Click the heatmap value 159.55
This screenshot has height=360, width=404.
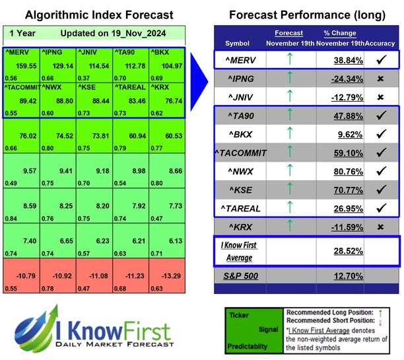pos(26,66)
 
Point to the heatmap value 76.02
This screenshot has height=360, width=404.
pos(26,136)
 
